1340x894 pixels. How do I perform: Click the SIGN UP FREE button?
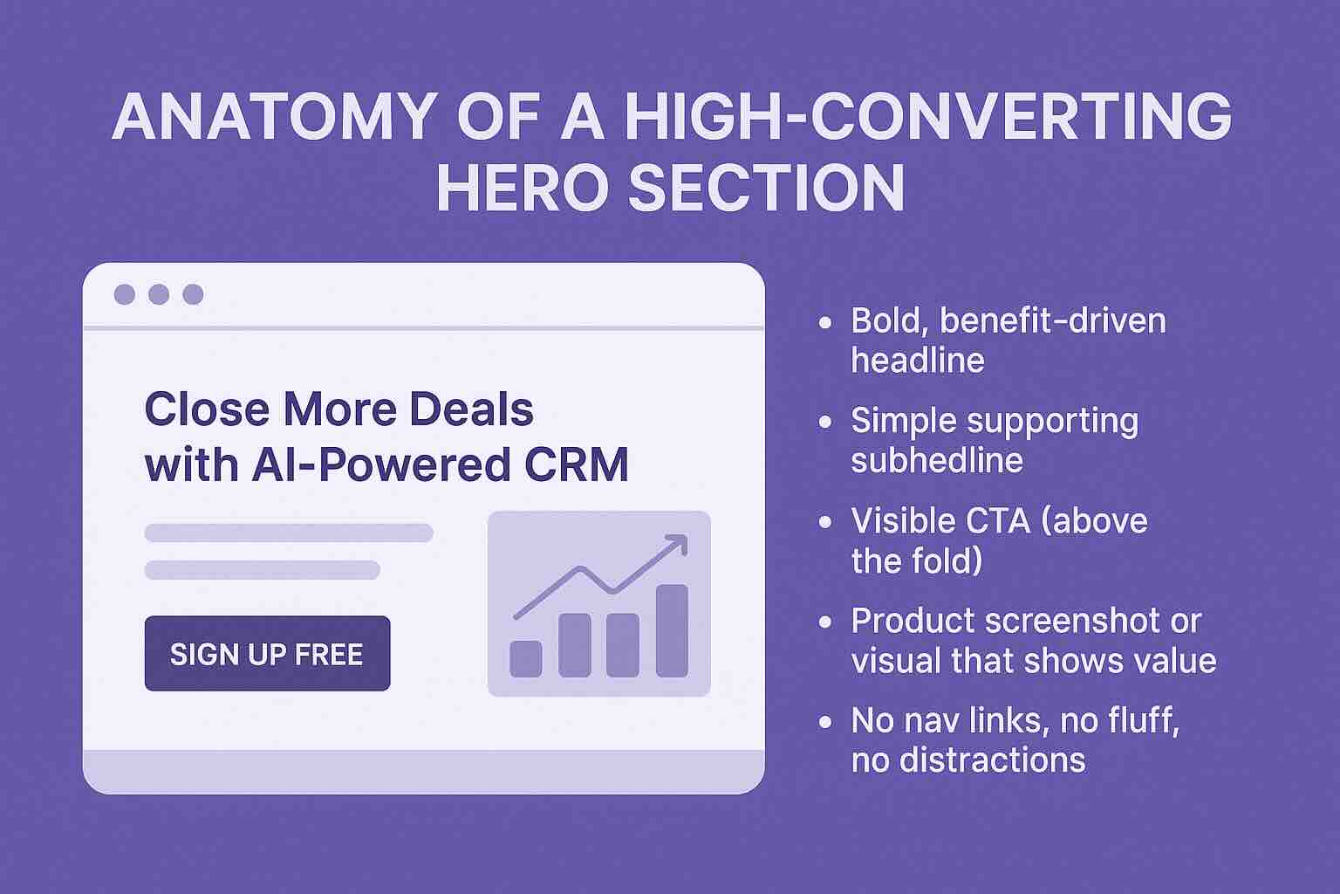[267, 654]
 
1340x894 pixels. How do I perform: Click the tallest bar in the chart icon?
[672, 630]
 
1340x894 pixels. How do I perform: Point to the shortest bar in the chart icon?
[525, 658]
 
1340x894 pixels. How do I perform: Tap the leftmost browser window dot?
[125, 294]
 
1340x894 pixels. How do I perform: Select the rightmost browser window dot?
[193, 294]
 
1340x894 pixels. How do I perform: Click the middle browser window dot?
[159, 294]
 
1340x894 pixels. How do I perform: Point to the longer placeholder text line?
[289, 533]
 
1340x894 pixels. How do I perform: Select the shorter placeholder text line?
[262, 570]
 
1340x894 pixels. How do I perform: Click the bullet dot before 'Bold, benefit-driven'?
[825, 322]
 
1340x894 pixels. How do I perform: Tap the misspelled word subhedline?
[937, 460]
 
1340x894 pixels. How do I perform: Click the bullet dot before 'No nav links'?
[825, 723]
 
